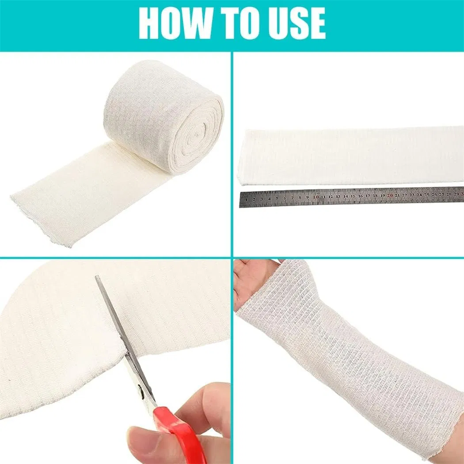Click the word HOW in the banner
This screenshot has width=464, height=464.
[x=175, y=23]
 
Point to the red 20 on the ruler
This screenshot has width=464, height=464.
[x=390, y=195]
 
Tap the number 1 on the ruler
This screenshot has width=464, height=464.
[x=246, y=200]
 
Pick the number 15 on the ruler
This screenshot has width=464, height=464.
[x=353, y=196]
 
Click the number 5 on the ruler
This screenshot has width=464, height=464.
[x=277, y=198]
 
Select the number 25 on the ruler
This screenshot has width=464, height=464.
[x=426, y=195]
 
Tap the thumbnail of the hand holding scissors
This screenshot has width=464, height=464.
[x=139, y=437]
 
